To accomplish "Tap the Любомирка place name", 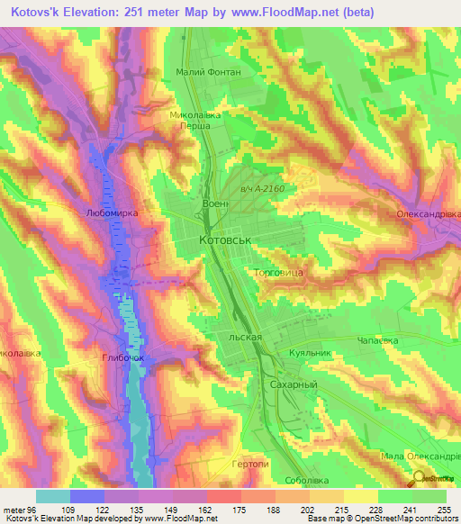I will [109, 215].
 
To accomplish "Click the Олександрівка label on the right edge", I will [429, 215].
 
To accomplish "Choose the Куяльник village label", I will [311, 353].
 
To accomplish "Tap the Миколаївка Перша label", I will [195, 122].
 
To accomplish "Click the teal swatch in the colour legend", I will [52, 496].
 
